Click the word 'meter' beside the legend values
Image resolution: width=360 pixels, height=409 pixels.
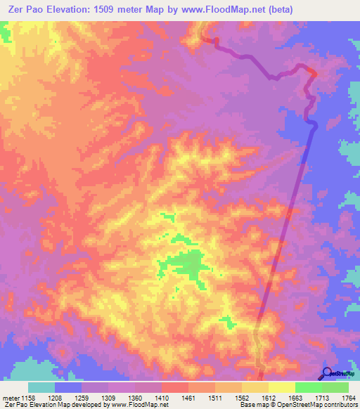10,397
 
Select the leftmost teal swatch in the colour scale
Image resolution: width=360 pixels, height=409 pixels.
41,387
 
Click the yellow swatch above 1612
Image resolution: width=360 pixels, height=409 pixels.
281,387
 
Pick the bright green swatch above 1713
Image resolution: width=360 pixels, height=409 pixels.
308,387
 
